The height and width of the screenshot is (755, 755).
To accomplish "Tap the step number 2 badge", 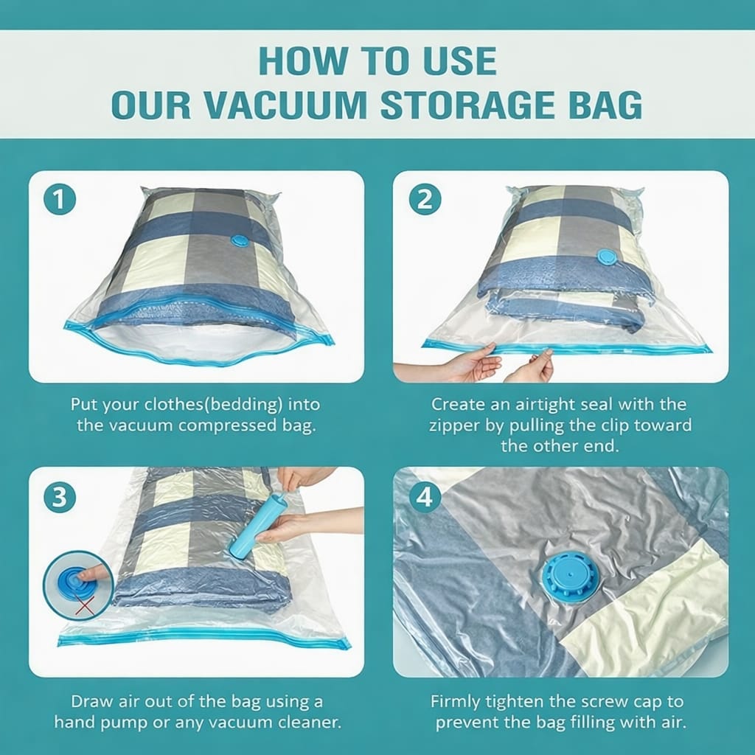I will tap(425, 201).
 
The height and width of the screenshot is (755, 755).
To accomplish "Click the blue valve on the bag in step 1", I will tap(240, 240).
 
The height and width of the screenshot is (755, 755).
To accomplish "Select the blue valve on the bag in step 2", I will tap(606, 257).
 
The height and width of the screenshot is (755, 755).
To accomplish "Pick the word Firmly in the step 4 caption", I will tap(456, 700).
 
